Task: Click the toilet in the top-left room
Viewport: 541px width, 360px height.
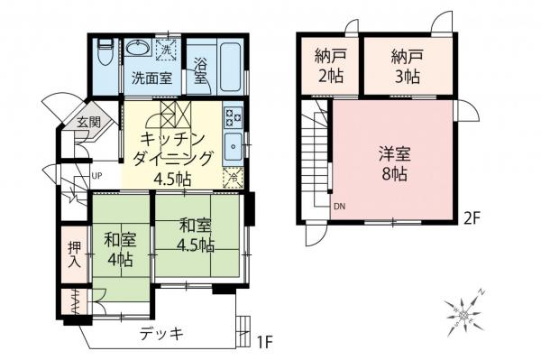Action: (x=105, y=55)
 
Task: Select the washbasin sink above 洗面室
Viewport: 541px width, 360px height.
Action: (x=139, y=49)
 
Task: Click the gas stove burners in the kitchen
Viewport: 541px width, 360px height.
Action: (x=234, y=116)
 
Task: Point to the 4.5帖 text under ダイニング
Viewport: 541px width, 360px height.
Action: (x=172, y=178)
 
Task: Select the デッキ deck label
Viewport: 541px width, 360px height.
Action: (x=161, y=334)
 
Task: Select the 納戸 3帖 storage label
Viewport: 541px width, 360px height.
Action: (x=405, y=66)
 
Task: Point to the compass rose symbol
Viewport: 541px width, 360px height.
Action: (x=470, y=310)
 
